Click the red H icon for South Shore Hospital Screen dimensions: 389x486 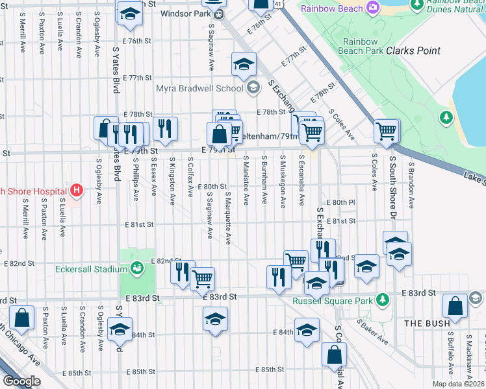pos(77,191)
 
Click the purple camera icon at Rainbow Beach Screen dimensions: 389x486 pos(373,8)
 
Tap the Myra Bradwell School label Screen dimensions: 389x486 pos(199,88)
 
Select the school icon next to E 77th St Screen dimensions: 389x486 pos(244,64)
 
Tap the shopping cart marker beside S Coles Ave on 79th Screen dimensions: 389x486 pos(387,132)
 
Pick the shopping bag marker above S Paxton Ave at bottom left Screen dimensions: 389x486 pos(22,318)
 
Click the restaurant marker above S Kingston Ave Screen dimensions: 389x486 pos(166,129)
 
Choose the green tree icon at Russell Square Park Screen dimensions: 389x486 pos(383,299)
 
